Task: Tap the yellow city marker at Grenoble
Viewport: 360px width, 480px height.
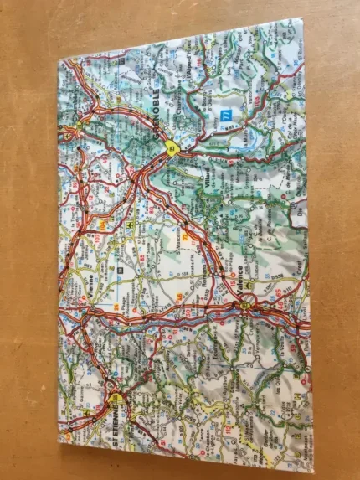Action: pos(172,149)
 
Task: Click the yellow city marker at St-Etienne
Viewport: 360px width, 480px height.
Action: pos(116,398)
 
